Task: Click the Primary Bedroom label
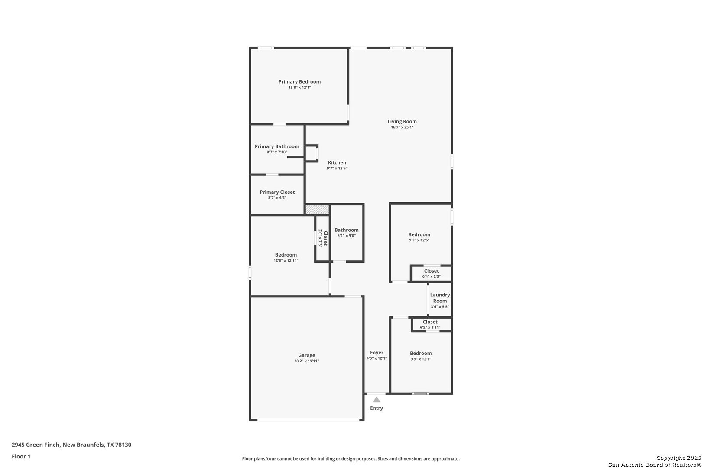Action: tap(299, 82)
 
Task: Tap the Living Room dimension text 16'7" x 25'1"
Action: tap(402, 127)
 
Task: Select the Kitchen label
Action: tap(337, 162)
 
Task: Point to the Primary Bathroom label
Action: tap(277, 146)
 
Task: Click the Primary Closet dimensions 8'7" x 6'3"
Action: tap(277, 198)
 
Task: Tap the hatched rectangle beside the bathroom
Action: tap(317, 210)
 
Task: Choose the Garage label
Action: tap(306, 355)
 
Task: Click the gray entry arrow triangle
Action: tap(377, 400)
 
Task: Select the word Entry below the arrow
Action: tap(377, 408)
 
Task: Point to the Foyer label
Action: tap(377, 353)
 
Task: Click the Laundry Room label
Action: tap(440, 298)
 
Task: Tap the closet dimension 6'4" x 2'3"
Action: tap(431, 276)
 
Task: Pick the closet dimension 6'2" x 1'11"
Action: tap(430, 328)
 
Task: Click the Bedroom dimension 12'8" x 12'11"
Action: tap(286, 260)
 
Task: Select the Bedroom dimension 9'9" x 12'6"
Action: tap(419, 240)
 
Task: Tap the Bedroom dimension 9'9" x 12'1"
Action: tap(421, 359)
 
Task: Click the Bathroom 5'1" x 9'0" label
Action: tap(346, 233)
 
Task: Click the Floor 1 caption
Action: tap(21, 456)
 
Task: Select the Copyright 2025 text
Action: tap(679, 458)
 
